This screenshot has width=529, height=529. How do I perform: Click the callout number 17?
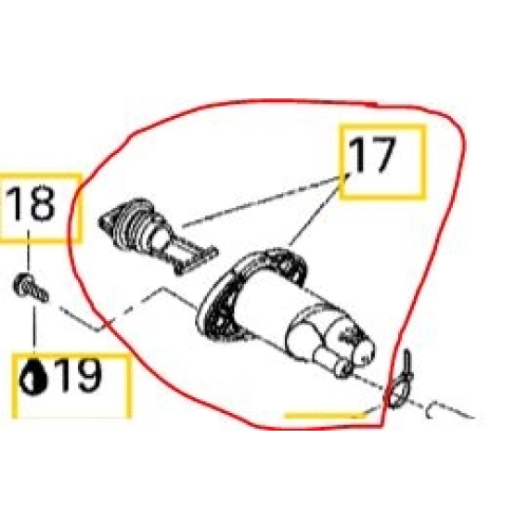click(371, 156)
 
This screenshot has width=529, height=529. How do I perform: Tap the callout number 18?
click(30, 203)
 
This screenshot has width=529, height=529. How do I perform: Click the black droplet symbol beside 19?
click(33, 377)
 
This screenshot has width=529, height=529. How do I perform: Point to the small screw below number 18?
click(31, 289)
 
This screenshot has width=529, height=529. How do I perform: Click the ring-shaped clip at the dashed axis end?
click(397, 393)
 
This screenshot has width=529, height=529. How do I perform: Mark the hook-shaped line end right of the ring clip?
click(433, 410)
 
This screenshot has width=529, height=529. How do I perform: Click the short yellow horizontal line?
click(324, 415)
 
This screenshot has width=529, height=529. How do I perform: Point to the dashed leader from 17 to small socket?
click(265, 200)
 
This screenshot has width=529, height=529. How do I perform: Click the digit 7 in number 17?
click(381, 156)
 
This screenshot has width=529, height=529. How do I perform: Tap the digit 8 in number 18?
click(42, 204)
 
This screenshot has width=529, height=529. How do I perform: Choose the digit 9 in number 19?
click(89, 375)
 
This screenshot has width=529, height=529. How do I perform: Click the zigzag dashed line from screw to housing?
click(128, 309)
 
